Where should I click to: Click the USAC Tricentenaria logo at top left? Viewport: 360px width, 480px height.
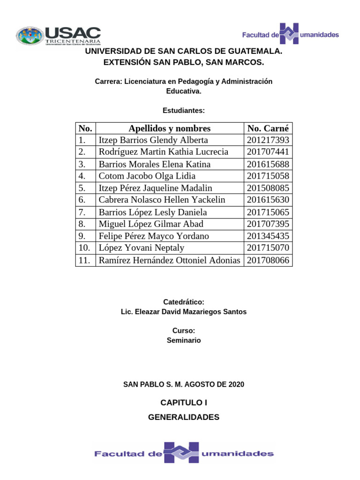pos(59,37)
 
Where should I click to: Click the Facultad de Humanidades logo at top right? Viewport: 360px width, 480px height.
pos(291,34)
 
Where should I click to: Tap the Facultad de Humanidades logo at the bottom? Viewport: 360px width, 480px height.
pos(184,453)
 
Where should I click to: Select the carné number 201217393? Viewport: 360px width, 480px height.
pos(268,140)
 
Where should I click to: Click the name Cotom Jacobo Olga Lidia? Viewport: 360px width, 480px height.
pos(147,176)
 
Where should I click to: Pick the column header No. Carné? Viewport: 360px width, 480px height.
pos(268,128)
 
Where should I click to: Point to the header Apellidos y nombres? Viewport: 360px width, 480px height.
pos(170,128)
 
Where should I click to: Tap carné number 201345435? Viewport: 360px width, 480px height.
pos(268,236)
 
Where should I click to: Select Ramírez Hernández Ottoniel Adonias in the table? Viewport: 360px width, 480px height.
pos(169,260)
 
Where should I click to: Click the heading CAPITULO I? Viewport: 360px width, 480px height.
pos(184,402)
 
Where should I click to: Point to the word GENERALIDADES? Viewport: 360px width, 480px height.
pos(184,417)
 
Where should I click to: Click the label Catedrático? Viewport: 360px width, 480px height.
pos(184,302)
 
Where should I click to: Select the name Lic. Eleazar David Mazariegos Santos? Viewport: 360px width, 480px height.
pos(184,312)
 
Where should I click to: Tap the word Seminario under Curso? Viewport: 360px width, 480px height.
pos(184,340)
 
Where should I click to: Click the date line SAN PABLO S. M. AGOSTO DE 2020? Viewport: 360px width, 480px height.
pos(184,384)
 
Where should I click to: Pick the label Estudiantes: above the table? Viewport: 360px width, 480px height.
pos(184,111)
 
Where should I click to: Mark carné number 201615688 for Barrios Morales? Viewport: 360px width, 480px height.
pos(268,164)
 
